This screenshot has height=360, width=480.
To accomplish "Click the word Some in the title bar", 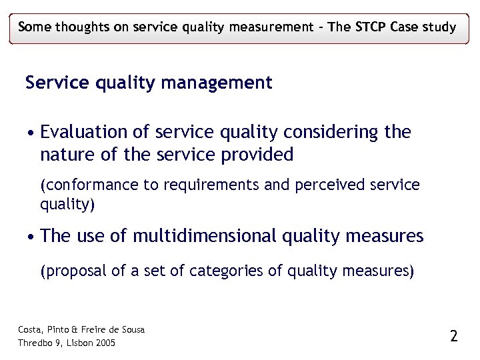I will click(35, 27).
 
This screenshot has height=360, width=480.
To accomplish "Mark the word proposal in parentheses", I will click(72, 271).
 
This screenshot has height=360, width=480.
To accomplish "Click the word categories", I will click(223, 271).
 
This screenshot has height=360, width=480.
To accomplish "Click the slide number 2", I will click(454, 336).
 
